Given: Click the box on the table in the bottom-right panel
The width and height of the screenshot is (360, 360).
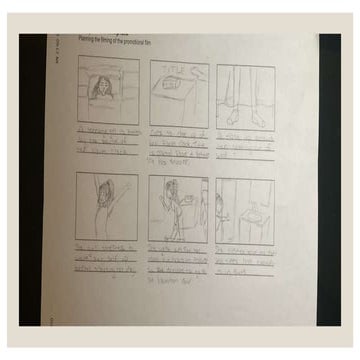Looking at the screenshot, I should [246, 216].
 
